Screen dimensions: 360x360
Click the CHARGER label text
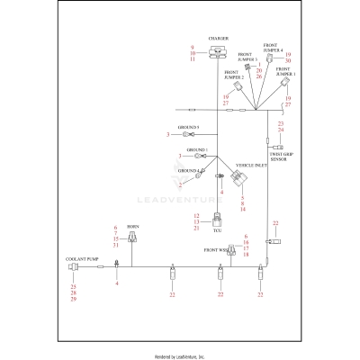[218, 40]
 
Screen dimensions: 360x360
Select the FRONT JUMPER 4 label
[273, 47]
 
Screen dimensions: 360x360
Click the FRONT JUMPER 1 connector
[283, 83]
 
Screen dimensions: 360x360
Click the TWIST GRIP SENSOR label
[282, 154]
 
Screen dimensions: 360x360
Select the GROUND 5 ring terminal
[178, 134]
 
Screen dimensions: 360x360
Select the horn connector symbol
[133, 239]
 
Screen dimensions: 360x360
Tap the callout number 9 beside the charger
[192, 45]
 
